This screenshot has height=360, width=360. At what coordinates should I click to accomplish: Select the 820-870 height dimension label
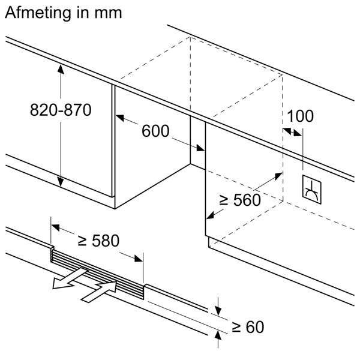pos(60,110)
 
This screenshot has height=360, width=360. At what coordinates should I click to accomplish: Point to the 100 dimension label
pos(300,116)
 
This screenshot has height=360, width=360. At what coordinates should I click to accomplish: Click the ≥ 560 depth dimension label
pos(240,200)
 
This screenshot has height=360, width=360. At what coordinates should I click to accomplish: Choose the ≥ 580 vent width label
pos(99,241)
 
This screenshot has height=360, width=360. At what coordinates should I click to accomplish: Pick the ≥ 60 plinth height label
pos(247,327)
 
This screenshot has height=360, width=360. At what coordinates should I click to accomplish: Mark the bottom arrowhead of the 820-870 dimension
pos(61,182)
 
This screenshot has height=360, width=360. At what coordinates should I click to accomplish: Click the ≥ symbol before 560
pos(224,200)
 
